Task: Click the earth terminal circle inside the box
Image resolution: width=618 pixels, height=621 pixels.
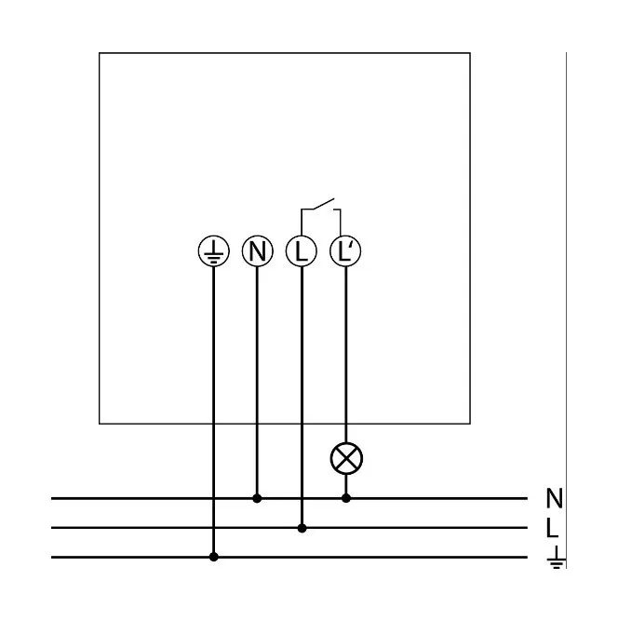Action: [x=214, y=250]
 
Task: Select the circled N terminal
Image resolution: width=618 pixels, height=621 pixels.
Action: [x=258, y=250]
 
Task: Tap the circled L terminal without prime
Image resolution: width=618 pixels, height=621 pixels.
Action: [x=302, y=250]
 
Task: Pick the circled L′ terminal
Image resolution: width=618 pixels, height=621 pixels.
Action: [x=346, y=250]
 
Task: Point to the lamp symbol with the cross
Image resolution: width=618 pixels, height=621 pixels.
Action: [x=346, y=457]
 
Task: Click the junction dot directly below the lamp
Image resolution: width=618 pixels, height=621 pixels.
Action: [x=346, y=498]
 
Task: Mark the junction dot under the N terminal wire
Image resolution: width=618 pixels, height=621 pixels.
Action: [x=258, y=498]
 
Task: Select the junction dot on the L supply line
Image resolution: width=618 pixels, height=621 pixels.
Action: [x=302, y=528]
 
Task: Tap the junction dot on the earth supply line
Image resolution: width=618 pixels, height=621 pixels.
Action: [x=214, y=557]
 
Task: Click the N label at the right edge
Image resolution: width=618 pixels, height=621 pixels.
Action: [x=554, y=499]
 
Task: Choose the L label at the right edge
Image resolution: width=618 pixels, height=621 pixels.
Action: [x=552, y=528]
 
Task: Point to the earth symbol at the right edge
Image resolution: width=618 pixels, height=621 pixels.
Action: [x=556, y=557]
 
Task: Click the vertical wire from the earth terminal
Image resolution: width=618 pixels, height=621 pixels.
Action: [x=214, y=400]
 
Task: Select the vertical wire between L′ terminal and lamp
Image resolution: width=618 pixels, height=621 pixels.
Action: [x=346, y=354]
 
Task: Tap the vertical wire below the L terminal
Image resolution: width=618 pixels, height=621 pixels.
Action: [x=302, y=391]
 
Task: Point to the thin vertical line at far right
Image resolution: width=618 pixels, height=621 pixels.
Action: [x=566, y=279]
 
